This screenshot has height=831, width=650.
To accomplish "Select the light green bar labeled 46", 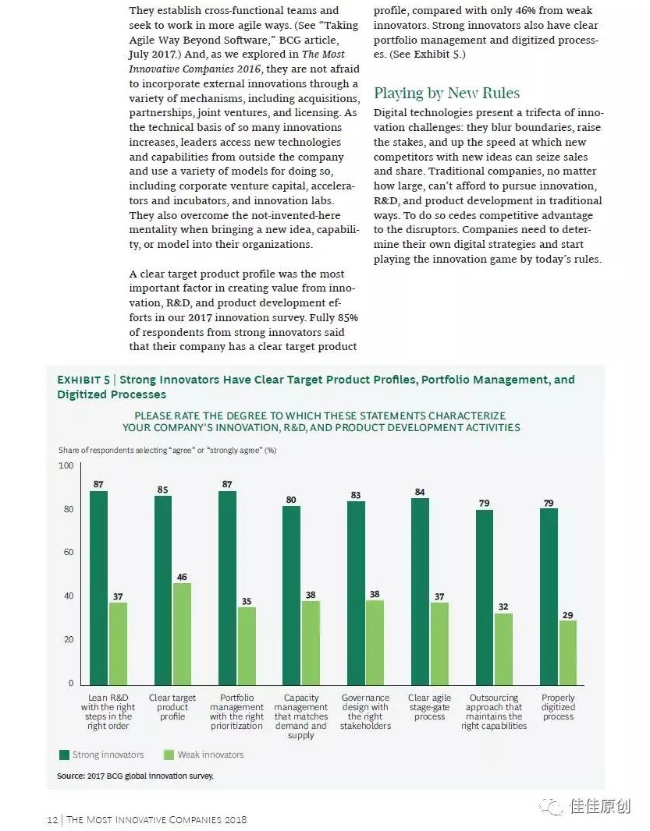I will tap(182, 633).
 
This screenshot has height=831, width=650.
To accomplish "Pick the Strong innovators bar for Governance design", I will tap(356, 592).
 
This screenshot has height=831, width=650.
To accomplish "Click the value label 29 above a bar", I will tap(568, 615).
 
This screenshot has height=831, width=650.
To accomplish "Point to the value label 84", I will tap(420, 492).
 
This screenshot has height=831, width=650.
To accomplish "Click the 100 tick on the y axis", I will tap(66, 466).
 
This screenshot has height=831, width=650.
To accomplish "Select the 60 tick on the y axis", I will tap(68, 553).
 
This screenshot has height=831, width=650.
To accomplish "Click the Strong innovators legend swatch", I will tap(64, 755).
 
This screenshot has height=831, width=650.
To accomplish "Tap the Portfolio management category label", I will tap(236, 712).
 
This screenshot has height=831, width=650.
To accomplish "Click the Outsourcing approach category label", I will tap(494, 712).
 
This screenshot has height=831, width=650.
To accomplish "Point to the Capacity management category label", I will tap(300, 716).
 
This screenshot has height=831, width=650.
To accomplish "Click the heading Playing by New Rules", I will tap(446, 94).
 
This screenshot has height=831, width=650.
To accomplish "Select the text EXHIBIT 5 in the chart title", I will tap(83, 380).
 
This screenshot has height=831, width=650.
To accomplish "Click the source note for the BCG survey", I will tap(135, 776).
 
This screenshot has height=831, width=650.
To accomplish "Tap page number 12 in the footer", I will tap(52, 819).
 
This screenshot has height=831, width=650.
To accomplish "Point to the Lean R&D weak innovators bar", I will tap(118, 643).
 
